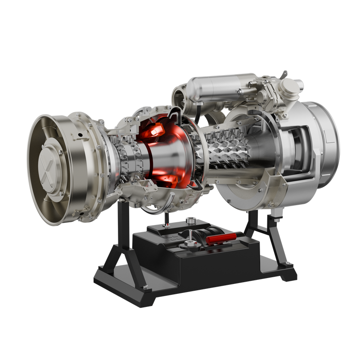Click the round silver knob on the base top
point(191,220)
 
